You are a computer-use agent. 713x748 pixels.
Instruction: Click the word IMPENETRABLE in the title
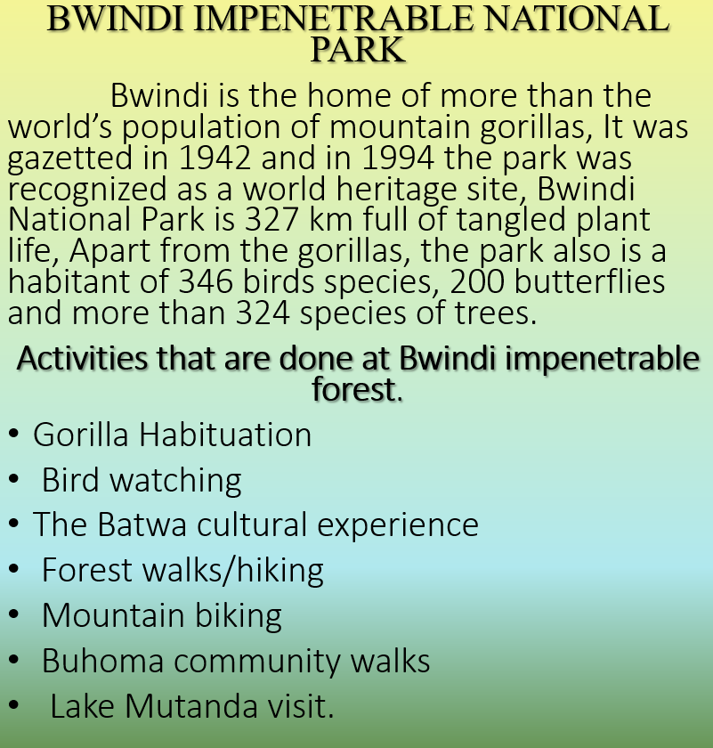(x=334, y=19)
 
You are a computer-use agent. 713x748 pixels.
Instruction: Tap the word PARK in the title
(x=358, y=49)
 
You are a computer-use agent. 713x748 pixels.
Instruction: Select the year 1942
(x=215, y=158)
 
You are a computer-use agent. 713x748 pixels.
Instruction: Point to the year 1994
(x=398, y=158)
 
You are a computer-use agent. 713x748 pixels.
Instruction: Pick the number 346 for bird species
(x=206, y=281)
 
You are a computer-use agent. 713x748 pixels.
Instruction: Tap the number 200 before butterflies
(x=477, y=281)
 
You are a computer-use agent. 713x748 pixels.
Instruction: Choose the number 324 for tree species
(x=263, y=313)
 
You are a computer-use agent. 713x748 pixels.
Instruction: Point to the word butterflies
(x=589, y=280)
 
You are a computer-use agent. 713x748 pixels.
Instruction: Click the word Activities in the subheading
(x=82, y=358)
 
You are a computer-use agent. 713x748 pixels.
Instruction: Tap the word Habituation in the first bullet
(x=225, y=435)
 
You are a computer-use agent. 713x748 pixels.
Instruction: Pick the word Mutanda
(x=190, y=706)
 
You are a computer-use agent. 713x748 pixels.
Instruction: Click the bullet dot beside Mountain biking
(x=13, y=614)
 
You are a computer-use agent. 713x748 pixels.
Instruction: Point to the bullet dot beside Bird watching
(x=13, y=478)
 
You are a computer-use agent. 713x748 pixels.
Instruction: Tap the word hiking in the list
(x=280, y=571)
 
